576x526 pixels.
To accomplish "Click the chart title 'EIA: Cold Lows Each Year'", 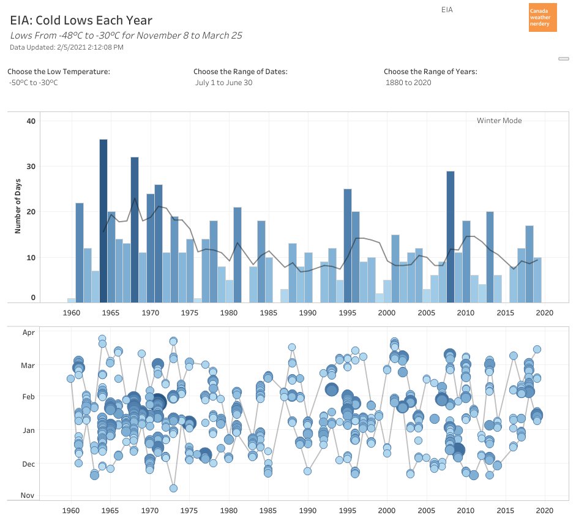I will click(81, 21).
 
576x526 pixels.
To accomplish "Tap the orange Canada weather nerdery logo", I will click(542, 17).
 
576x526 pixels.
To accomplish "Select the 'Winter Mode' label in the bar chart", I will click(499, 121).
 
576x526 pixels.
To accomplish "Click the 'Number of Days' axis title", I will click(18, 210).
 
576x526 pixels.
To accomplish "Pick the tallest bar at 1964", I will click(103, 220).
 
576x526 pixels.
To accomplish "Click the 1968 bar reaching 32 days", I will click(135, 230).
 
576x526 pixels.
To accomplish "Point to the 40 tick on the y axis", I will click(31, 121).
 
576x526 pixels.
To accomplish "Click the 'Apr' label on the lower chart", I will click(29, 333).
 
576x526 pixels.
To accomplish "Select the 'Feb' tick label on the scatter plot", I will click(29, 397).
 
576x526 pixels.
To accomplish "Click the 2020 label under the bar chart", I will click(544, 312).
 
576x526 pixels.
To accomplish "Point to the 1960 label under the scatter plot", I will click(72, 510).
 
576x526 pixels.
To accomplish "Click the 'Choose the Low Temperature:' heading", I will click(59, 72).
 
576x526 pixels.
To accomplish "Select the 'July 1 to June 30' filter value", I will click(223, 83).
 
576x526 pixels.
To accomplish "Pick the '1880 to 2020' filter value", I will click(408, 83).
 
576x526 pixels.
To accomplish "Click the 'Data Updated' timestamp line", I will click(67, 47).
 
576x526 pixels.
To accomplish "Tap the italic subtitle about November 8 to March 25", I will click(126, 36).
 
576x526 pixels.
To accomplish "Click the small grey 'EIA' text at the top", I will click(447, 10).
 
